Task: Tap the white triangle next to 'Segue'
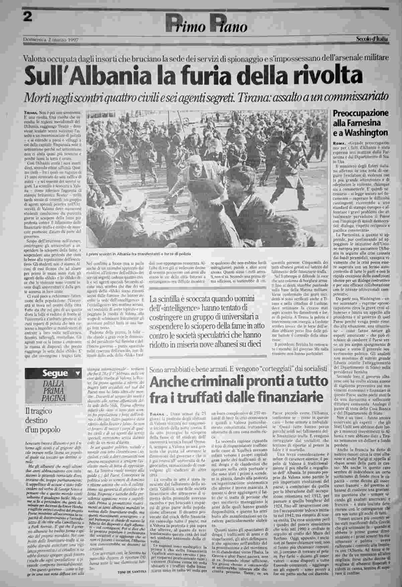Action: tap(78, 373)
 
